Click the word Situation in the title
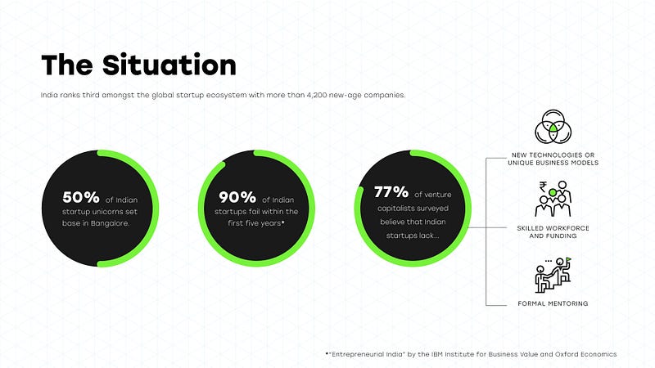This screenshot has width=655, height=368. pos(169,65)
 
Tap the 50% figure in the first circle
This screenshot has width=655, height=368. pos(81,197)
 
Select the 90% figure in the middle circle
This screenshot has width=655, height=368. pos(237,197)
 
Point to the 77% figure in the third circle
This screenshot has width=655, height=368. pos(391,192)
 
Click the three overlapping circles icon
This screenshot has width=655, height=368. pos(553,127)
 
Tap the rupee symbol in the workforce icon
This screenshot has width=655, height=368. pos(543,186)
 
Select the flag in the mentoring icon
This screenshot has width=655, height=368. pos(567,261)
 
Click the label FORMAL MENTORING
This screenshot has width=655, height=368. pos(553,303)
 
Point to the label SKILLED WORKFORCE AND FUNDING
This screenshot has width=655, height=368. pos(553,232)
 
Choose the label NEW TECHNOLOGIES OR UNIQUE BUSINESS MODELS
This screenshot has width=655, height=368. pos(553,159)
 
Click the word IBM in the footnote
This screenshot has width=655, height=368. pos(437,354)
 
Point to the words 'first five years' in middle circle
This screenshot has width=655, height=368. pos(256,223)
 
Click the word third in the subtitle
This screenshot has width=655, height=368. pos(91,95)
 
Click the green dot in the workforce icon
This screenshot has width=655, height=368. pos(553,192)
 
